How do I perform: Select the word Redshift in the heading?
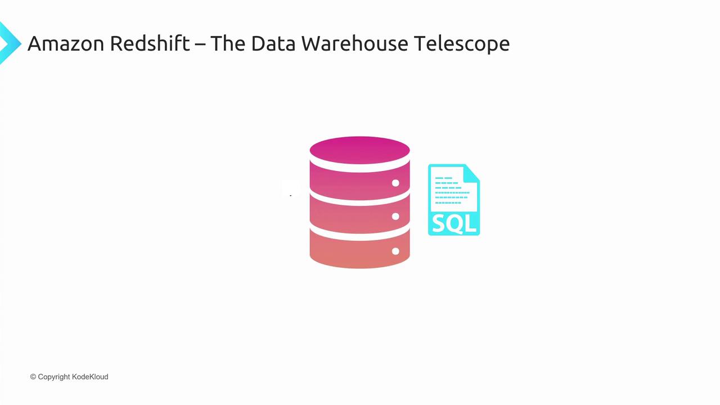(150, 43)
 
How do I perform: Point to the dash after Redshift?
(200, 44)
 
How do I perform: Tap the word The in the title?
(227, 43)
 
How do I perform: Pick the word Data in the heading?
(272, 43)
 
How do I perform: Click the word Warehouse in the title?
(355, 43)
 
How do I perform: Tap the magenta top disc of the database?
(359, 150)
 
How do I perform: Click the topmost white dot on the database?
(395, 183)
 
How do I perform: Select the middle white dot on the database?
(395, 217)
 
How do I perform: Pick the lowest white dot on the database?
(395, 251)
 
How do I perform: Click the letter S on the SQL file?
(439, 224)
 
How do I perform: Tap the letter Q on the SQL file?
(455, 224)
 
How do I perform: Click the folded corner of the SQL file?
(472, 172)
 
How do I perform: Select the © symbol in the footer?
(33, 377)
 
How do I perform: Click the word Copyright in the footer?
(54, 377)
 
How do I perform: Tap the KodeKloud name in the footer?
(90, 377)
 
